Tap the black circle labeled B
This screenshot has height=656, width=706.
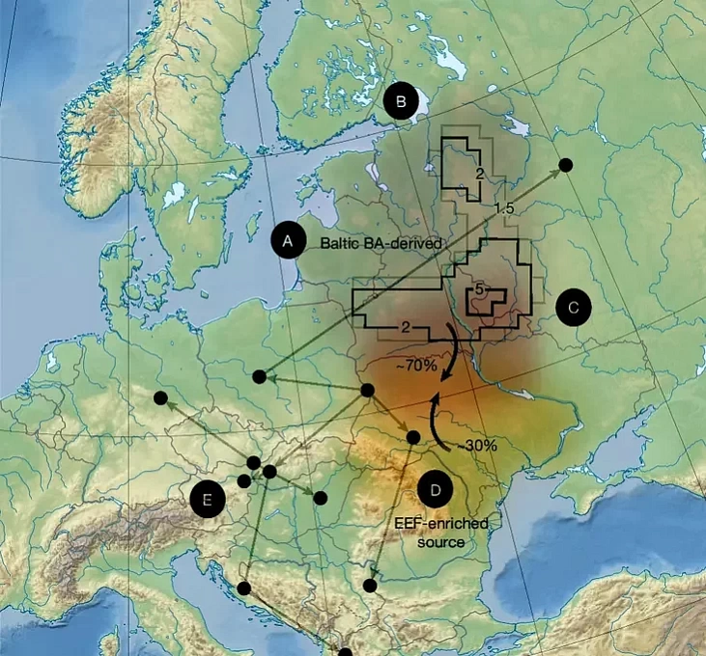pos(401,100)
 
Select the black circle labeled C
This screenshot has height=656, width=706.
pos(573,308)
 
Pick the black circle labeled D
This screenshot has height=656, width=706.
pos(436,490)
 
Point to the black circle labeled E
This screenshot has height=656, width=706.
pos(207,500)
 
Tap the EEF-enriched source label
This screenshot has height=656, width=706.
pos(441,533)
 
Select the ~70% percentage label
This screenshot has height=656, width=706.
pos(417,367)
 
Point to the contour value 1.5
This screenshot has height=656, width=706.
pos(502,209)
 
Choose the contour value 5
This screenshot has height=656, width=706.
pos(478,289)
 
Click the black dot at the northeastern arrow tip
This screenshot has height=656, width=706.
pos(567,165)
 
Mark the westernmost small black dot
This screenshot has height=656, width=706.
pos(160,397)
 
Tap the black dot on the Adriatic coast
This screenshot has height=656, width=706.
pos(244,588)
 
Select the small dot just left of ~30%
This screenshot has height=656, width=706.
pos(413,437)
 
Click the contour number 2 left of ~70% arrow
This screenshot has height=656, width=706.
pos(406,329)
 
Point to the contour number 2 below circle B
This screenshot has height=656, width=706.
pos(478,173)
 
